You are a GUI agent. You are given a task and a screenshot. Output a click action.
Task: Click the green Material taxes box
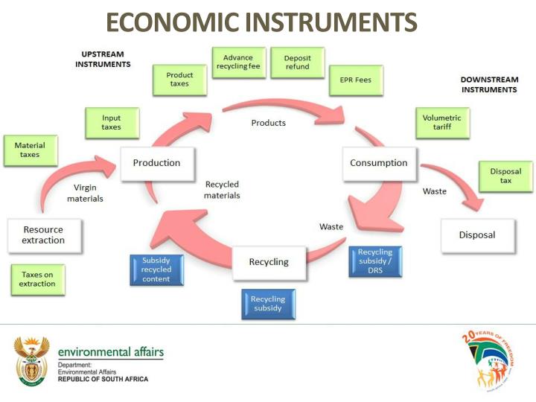click(30, 150)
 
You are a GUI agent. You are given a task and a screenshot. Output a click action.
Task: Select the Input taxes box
click(111, 123)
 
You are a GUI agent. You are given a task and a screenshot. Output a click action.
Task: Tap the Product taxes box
click(179, 80)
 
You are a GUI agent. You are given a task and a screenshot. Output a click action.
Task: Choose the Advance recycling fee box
click(238, 63)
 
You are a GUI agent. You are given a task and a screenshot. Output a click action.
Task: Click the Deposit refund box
click(297, 63)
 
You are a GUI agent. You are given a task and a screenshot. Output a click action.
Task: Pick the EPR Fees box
click(357, 80)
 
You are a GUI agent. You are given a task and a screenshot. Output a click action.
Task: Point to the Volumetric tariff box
click(441, 123)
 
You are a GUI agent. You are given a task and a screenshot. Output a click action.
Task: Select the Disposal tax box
click(505, 176)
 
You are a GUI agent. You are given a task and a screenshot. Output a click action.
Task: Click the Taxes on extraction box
click(37, 279)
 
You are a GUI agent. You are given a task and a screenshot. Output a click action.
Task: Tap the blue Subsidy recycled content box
click(156, 269)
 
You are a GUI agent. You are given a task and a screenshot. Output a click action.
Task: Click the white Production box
click(156, 163)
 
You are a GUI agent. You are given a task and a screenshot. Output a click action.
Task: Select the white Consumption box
click(378, 163)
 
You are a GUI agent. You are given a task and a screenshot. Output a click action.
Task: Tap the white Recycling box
click(269, 262)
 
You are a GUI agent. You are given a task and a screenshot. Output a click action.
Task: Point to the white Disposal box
click(477, 234)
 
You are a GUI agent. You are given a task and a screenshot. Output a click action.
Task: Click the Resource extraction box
click(43, 235)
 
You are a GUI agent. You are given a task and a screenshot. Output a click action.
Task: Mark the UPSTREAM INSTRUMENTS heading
click(103, 60)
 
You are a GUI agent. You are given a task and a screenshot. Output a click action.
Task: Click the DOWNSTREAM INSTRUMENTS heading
click(488, 84)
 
